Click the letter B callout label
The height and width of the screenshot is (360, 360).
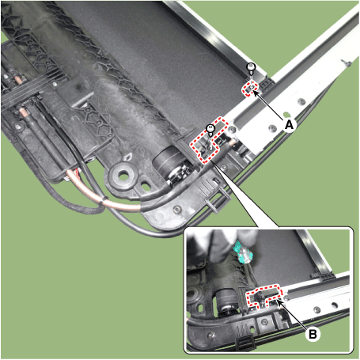(314, 335)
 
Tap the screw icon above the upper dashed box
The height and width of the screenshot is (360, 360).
(251, 68)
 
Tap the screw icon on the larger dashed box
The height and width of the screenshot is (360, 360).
(210, 127)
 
